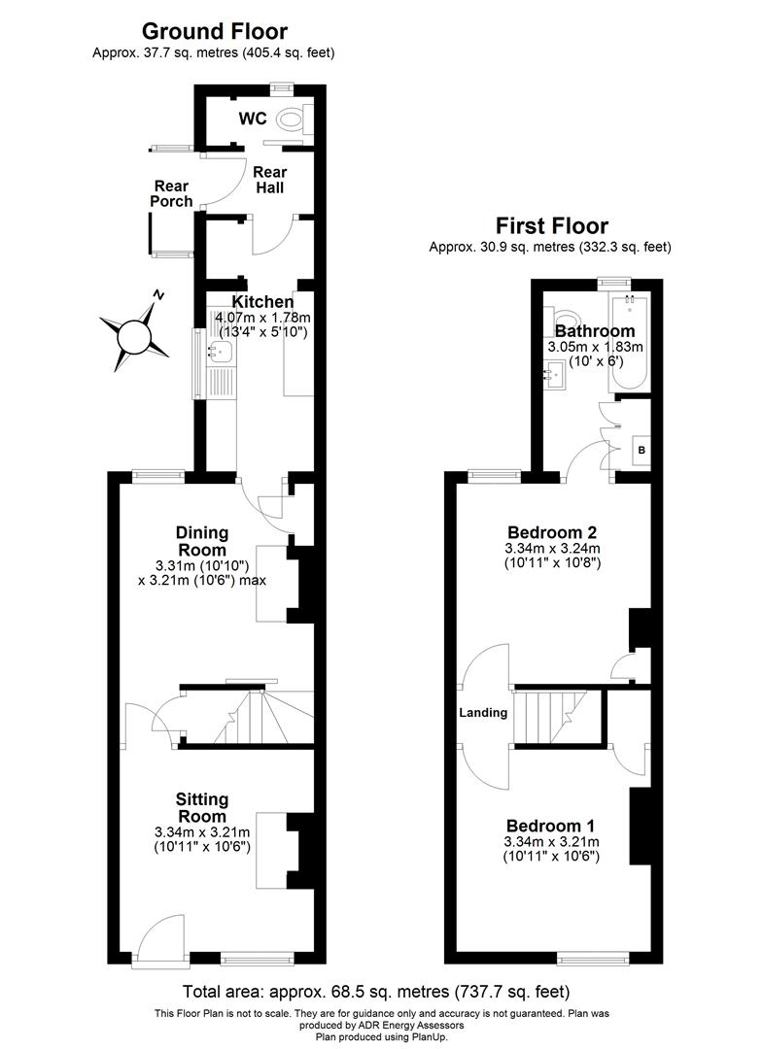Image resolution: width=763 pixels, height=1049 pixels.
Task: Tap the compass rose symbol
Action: click(131, 335)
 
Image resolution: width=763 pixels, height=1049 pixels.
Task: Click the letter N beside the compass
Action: click(160, 295)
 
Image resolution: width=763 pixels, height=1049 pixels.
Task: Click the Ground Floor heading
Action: click(214, 32)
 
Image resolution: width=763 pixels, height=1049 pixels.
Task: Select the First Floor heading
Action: click(551, 226)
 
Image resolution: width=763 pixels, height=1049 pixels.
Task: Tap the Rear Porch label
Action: click(170, 193)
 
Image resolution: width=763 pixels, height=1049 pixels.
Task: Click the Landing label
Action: click(483, 713)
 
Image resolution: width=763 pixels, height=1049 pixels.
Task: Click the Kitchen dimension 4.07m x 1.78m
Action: click(262, 318)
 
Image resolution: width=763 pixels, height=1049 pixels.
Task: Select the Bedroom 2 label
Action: click(551, 532)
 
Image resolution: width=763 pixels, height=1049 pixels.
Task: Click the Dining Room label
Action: click(202, 540)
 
